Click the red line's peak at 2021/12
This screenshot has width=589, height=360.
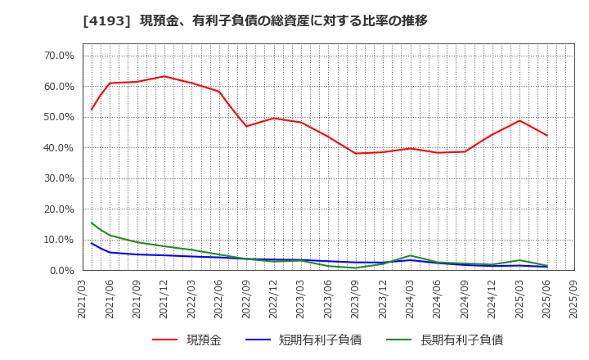click(164, 76)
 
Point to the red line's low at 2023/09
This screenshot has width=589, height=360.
click(355, 153)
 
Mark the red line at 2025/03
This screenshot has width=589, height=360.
click(519, 120)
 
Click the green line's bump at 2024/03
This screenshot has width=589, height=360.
click(410, 255)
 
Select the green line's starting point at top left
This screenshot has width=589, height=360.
click(92, 223)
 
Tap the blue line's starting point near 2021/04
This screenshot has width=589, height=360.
click(92, 243)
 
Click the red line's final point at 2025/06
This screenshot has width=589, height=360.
click(546, 135)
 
